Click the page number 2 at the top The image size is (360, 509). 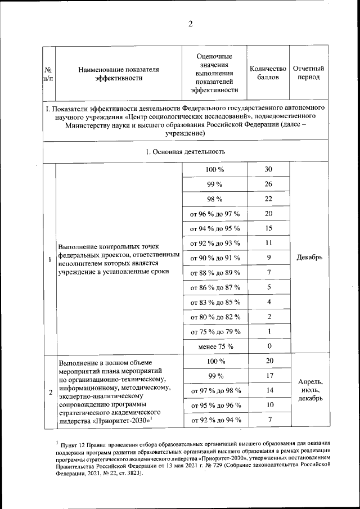pos(190,23)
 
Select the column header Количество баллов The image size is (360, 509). pos(268,73)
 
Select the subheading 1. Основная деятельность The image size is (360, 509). pos(185,151)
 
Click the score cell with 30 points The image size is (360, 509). pos(268,170)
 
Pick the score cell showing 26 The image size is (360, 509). pos(268,184)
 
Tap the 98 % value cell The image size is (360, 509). pos(215,199)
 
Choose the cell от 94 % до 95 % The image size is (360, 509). pos(215,228)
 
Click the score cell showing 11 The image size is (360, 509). pos(268,243)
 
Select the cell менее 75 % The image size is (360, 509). pos(215,346)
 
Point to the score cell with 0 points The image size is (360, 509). pos(268,346)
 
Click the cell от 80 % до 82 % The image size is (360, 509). pos(215,317)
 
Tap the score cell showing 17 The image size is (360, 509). pos(268,376)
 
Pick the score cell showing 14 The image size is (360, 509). pos(268,390)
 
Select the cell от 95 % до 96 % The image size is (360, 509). pos(215,405)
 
